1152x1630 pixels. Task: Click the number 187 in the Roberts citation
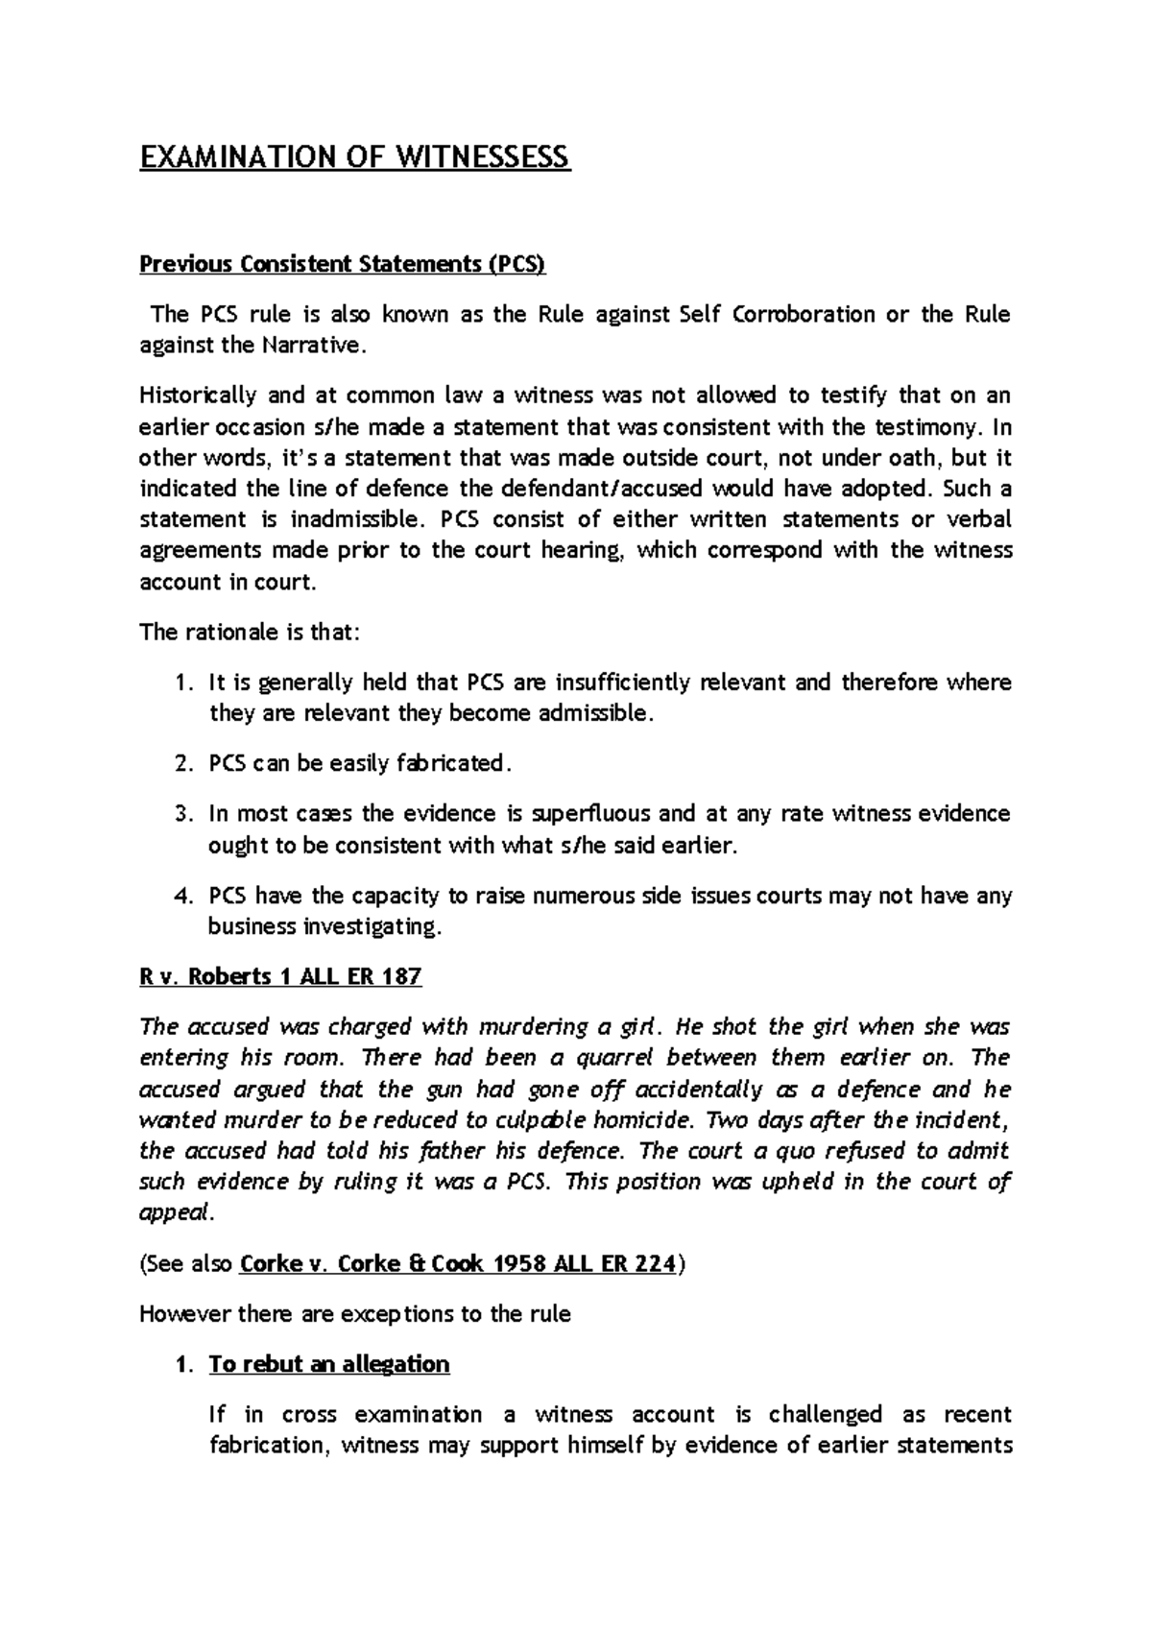[401, 977]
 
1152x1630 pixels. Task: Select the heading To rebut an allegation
[329, 1364]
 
